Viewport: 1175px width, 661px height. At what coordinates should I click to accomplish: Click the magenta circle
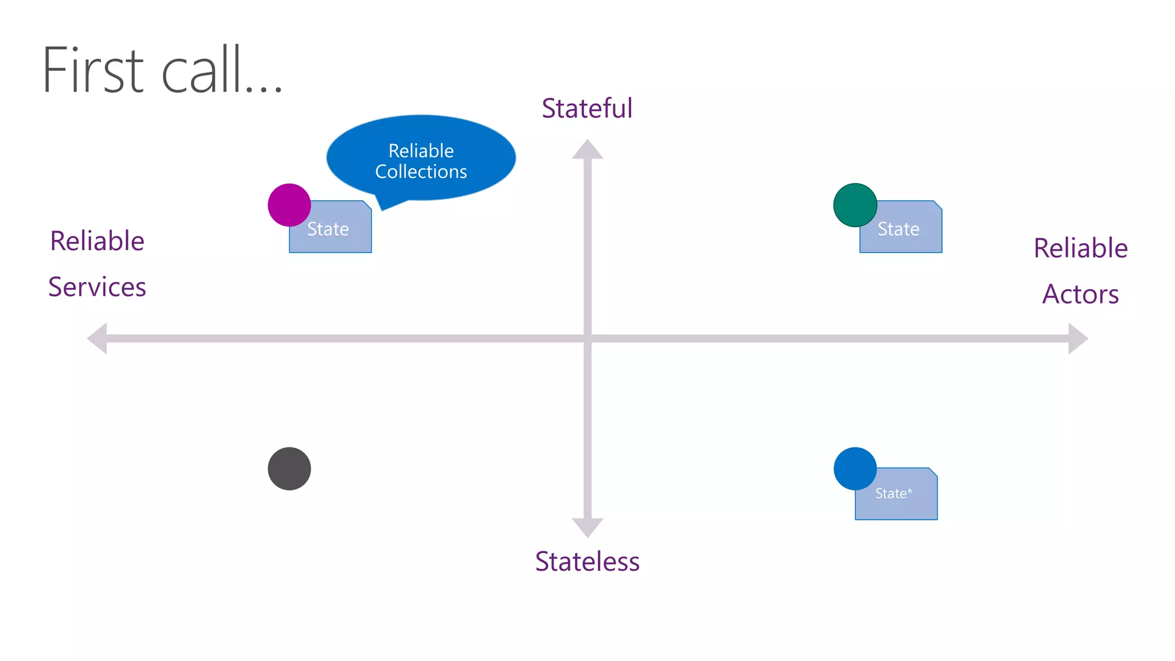tap(289, 205)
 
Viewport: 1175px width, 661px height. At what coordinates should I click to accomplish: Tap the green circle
tap(855, 205)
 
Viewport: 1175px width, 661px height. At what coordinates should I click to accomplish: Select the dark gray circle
tap(289, 469)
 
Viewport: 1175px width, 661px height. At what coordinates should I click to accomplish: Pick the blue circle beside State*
tap(855, 469)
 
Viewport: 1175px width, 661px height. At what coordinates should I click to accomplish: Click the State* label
tap(893, 493)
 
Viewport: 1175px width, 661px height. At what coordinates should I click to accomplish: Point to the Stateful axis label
tap(587, 108)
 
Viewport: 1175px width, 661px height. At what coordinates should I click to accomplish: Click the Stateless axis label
tap(587, 561)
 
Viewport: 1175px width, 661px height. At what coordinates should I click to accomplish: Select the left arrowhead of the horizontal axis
tap(98, 339)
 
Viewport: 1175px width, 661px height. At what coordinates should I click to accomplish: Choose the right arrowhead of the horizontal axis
tap(1077, 339)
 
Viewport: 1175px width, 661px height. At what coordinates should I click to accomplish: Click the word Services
tap(97, 287)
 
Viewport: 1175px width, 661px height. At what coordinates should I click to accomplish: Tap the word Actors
tap(1080, 294)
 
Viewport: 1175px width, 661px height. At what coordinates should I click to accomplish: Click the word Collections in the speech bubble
tap(421, 172)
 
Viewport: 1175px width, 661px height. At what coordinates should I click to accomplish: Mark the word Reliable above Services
tap(97, 241)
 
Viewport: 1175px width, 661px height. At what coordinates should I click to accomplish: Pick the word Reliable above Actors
tap(1080, 248)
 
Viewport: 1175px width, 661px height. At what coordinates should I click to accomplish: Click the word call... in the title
tap(221, 70)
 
